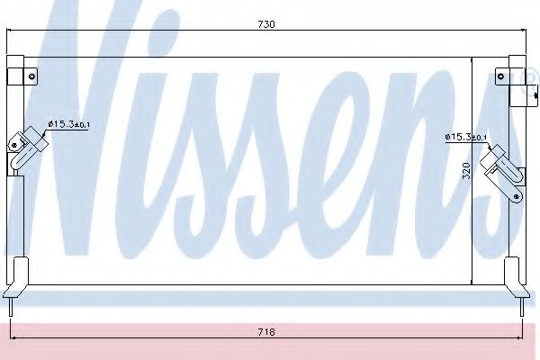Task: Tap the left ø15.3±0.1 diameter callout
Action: pyautogui.click(x=67, y=124)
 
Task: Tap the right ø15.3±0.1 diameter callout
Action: pyautogui.click(x=466, y=137)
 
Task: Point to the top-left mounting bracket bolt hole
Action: pyautogui.click(x=31, y=76)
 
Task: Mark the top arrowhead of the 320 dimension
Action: pyautogui.click(x=475, y=62)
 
